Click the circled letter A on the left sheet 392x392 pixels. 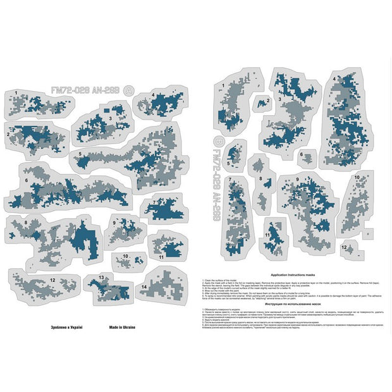click(130, 90)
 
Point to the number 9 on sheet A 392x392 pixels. click(114, 223)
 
